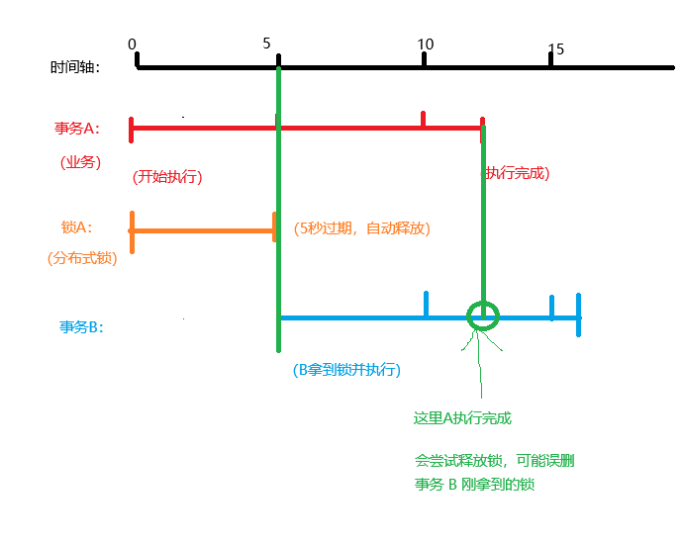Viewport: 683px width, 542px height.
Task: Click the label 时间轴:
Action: [x=74, y=67]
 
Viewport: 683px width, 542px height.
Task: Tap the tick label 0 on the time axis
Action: [x=133, y=44]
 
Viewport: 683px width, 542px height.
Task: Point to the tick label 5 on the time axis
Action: [x=267, y=43]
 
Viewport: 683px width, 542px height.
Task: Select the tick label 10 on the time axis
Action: [x=425, y=44]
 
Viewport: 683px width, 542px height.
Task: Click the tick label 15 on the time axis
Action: [x=556, y=48]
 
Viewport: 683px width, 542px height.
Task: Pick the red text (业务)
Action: [x=80, y=161]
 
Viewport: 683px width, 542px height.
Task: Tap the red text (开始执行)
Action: [x=167, y=177]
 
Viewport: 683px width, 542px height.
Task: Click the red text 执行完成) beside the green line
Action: [x=517, y=173]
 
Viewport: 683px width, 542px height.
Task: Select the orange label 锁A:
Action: [x=76, y=226]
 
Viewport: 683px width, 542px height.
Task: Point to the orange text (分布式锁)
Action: [x=81, y=258]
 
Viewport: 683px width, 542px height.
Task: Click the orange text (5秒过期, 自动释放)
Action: [x=361, y=227]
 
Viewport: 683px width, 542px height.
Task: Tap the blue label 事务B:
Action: [x=81, y=326]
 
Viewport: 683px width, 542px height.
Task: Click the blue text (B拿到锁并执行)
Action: [x=346, y=370]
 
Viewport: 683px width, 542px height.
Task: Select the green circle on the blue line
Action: [x=483, y=316]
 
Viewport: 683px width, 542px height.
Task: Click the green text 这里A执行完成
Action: [x=462, y=418]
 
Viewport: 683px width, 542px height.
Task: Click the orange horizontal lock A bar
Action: [x=203, y=231]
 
